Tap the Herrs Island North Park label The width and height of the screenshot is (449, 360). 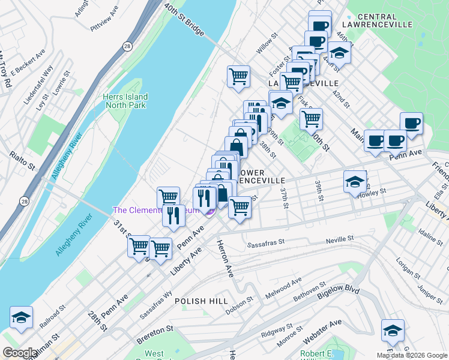pos(125,101)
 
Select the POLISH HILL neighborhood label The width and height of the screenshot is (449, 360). pos(200,301)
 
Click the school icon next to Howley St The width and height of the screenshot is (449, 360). pos(355,181)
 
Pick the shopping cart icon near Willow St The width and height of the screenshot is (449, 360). pos(238,77)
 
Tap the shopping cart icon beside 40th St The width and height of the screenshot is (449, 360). pos(311,119)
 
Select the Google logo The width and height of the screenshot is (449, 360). pos(19,353)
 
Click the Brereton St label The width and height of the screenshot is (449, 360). pos(154,329)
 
